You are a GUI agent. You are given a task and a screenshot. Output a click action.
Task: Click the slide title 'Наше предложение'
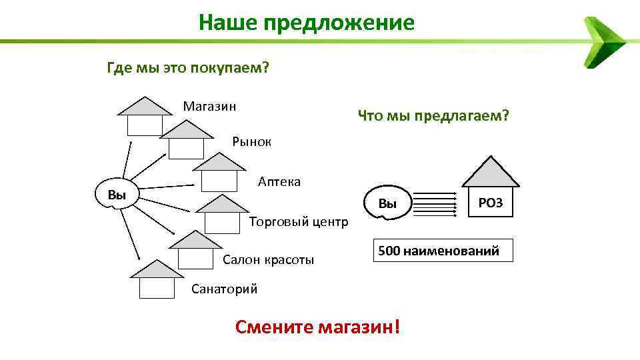pos(306,23)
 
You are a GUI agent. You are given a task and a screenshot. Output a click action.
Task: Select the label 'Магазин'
pos(210,106)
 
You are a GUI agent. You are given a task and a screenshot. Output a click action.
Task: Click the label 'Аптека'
pos(279,181)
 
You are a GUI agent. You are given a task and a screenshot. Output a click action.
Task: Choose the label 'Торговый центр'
pos(297,221)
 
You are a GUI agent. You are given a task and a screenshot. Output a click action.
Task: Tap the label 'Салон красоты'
pos(268,259)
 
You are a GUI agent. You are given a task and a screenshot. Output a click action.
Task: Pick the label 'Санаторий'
pos(224,289)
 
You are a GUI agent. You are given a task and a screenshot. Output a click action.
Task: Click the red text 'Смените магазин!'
pos(319,327)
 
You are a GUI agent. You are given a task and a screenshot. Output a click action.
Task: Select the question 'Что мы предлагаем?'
pos(433,116)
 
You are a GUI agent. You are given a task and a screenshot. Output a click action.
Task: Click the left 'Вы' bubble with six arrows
pos(117,195)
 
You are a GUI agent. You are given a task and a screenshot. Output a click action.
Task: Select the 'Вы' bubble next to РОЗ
pos(387,203)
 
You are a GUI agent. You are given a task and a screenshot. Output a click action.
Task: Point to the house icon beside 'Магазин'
pos(145,117)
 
